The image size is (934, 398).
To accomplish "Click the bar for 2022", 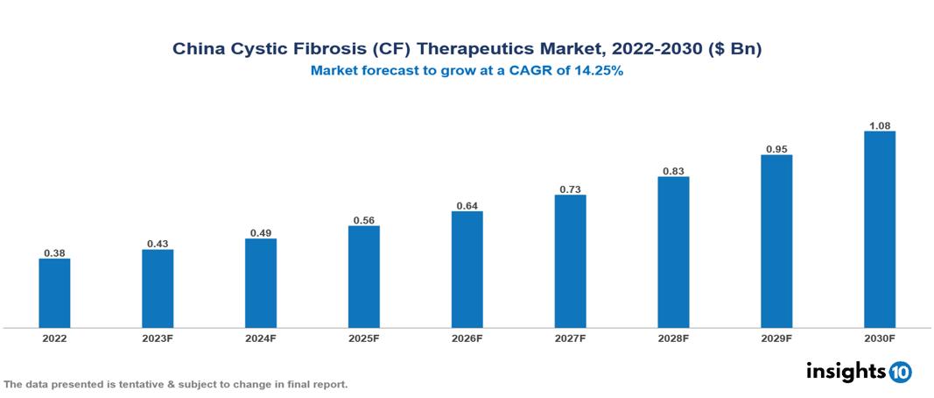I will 54,293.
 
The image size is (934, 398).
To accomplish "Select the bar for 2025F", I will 363,277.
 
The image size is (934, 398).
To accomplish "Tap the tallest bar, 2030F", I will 879,230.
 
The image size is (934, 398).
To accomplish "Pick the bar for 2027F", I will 570,261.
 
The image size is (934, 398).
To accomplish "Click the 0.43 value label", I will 158,243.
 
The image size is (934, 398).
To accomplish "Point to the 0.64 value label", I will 467,205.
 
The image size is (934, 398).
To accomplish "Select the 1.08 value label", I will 879,125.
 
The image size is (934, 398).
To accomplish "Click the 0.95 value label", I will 776,149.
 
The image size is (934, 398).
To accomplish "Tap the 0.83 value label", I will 673,171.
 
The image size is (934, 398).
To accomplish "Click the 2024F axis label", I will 261,338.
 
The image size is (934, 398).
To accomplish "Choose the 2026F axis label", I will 467,338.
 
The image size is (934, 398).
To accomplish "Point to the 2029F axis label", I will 776,338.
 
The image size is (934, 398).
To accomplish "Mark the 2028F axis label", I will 673,338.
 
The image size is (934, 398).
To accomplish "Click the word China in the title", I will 198,50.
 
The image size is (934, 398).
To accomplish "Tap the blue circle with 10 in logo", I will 901,372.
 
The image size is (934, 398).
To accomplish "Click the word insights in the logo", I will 846,371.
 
